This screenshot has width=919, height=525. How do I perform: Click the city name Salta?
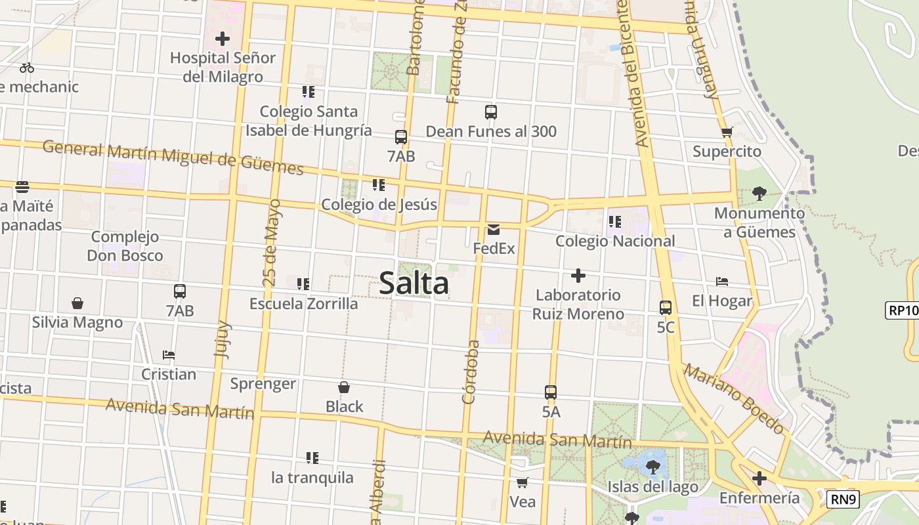pyautogui.click(x=414, y=283)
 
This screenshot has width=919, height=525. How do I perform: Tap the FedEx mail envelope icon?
pyautogui.click(x=494, y=230)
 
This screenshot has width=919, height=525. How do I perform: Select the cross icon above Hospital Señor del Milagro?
pyautogui.click(x=223, y=39)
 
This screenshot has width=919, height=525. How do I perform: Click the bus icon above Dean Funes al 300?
pyautogui.click(x=491, y=112)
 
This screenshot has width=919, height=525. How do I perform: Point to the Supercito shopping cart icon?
pyautogui.click(x=727, y=133)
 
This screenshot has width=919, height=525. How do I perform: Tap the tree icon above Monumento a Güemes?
pyautogui.click(x=759, y=194)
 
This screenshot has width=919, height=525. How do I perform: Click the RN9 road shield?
pyautogui.click(x=842, y=499)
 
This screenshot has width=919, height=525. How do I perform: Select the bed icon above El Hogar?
pyautogui.click(x=722, y=282)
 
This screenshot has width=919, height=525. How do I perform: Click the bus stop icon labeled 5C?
pyautogui.click(x=666, y=307)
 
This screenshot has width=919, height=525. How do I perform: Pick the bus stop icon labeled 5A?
pyautogui.click(x=551, y=392)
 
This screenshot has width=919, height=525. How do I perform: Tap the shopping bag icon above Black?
pyautogui.click(x=343, y=387)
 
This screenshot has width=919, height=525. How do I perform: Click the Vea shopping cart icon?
pyautogui.click(x=522, y=483)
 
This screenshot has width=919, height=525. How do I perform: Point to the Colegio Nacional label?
pyautogui.click(x=615, y=241)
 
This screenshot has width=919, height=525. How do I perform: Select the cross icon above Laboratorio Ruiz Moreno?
pyautogui.click(x=578, y=276)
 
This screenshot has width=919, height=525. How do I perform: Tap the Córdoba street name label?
pyautogui.click(x=470, y=371)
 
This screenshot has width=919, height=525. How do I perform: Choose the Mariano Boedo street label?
pyautogui.click(x=734, y=398)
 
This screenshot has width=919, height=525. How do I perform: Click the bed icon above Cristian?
pyautogui.click(x=169, y=355)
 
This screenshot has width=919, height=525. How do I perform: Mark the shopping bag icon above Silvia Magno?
pyautogui.click(x=77, y=303)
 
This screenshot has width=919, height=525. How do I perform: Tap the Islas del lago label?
pyautogui.click(x=652, y=487)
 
